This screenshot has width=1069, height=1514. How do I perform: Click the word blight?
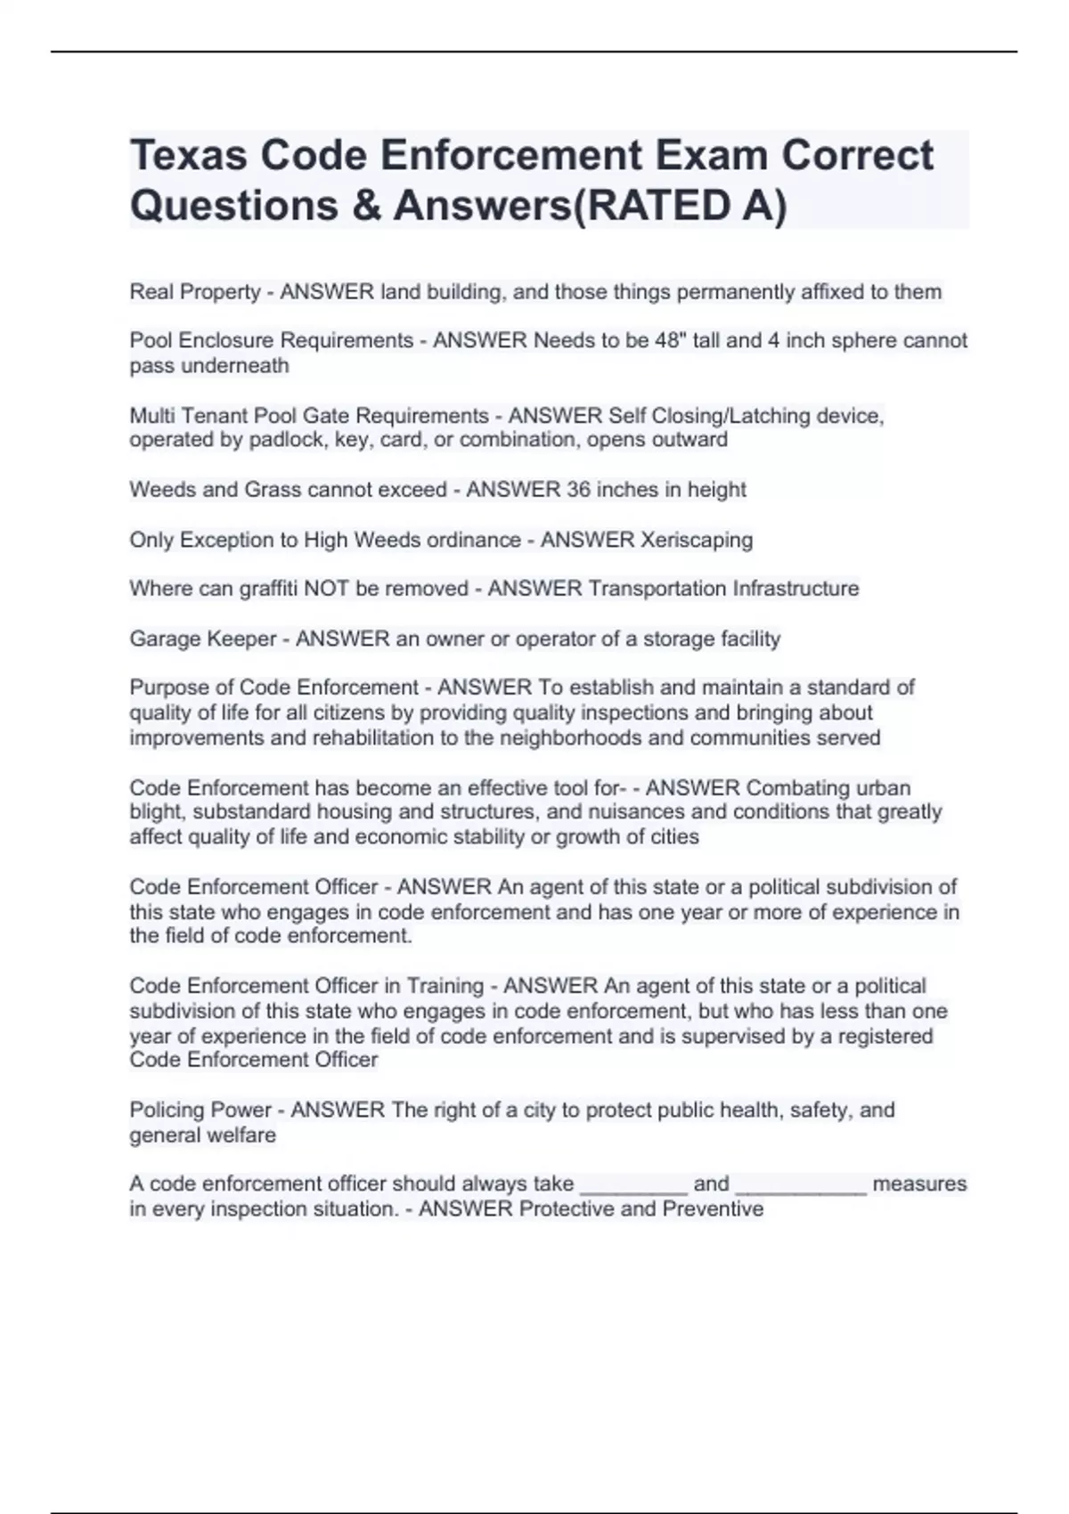155,812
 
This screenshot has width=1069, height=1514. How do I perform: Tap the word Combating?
797,788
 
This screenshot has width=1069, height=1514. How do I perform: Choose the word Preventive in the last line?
713,1209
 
